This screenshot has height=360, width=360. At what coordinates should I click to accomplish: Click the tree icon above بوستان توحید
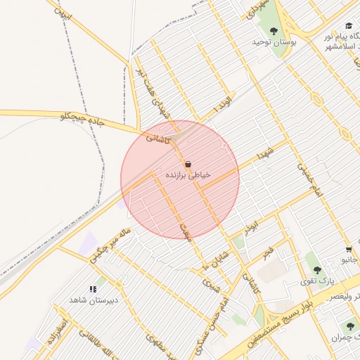274,31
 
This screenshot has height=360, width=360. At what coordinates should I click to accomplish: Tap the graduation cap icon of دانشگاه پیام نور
349,25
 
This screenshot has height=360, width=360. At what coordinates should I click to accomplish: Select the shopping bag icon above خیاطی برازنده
188,163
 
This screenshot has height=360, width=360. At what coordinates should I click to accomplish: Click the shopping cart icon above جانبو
349,250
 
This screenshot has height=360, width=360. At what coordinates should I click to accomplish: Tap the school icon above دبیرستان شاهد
92,289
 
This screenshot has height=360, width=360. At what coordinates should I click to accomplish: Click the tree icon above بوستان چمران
349,326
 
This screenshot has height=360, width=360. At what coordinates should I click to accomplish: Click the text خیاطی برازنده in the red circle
188,174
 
